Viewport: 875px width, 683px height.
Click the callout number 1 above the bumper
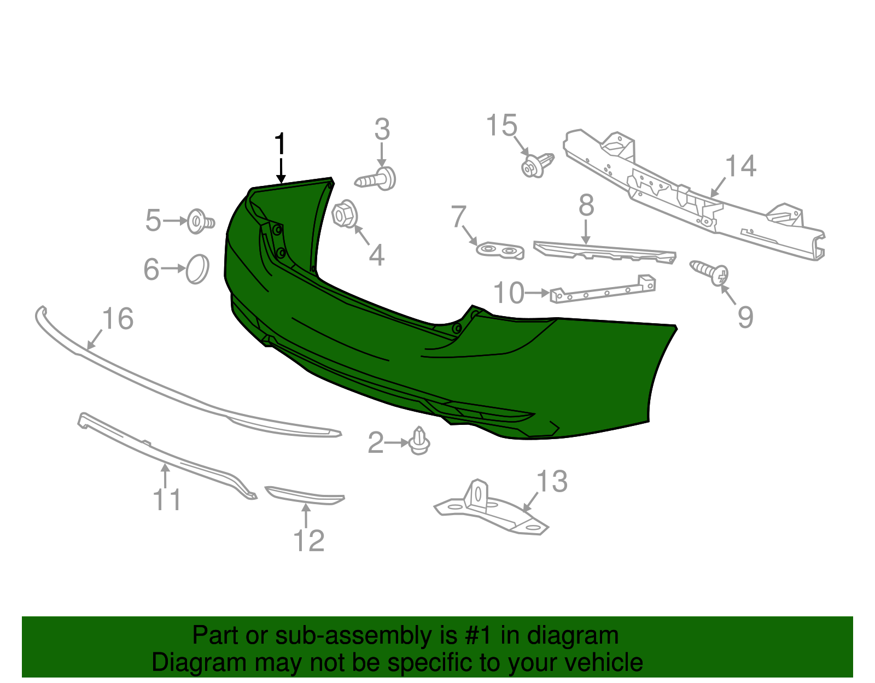click(280, 143)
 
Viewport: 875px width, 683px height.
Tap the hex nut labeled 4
click(345, 214)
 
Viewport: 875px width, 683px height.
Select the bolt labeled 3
click(376, 179)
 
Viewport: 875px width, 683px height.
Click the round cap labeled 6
click(197, 269)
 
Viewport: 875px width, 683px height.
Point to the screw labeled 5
click(201, 221)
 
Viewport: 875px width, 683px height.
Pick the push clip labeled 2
click(419, 441)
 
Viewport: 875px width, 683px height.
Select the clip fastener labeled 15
click(538, 164)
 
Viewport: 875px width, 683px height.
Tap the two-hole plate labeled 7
click(500, 251)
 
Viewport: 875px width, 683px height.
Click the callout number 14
click(740, 166)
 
